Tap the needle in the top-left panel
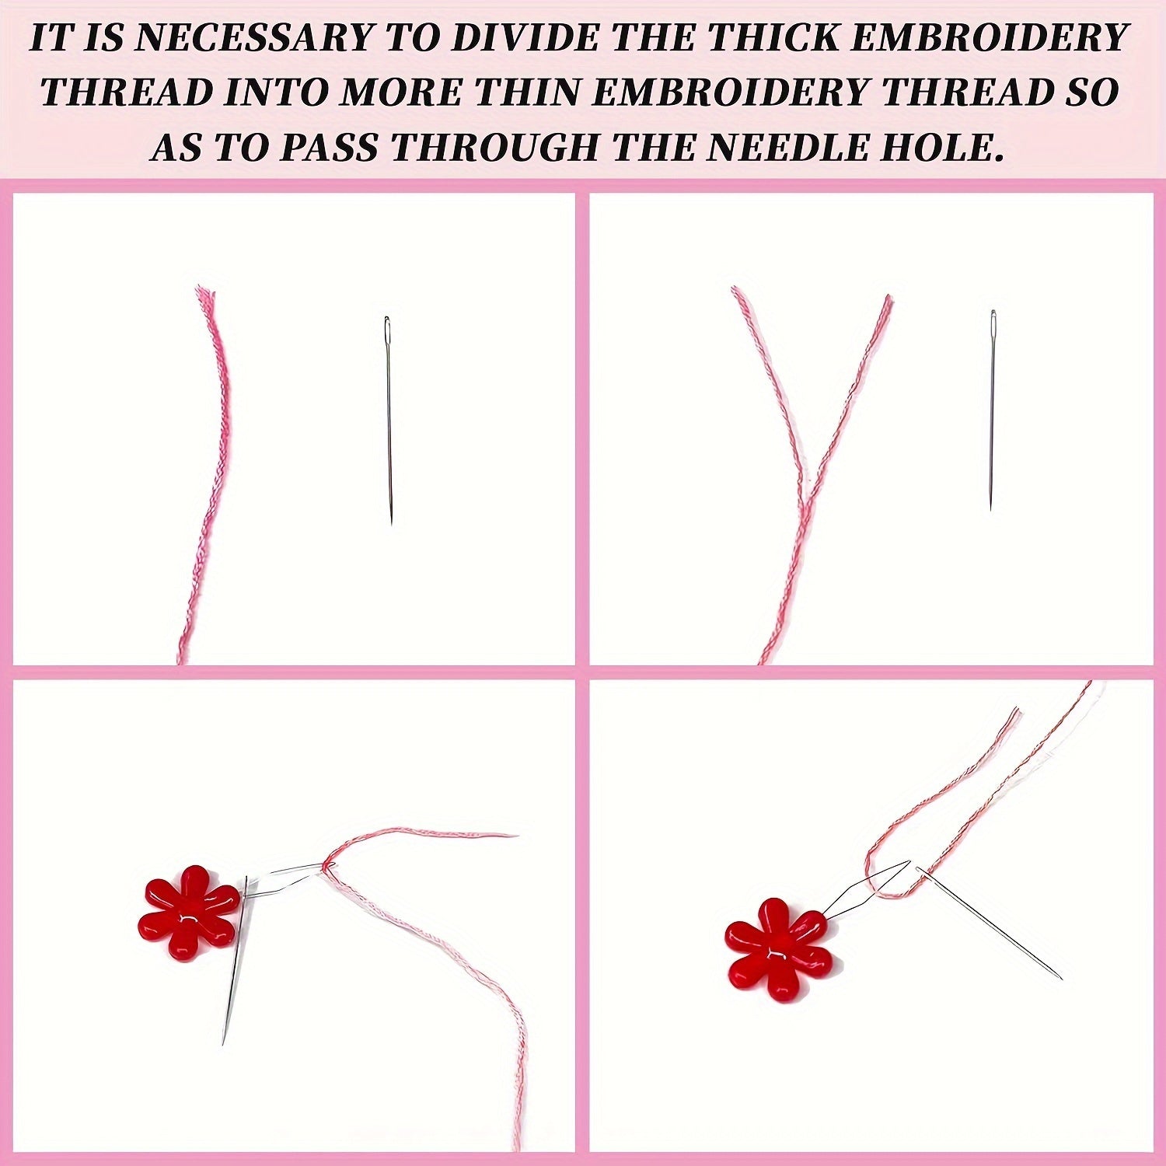[389, 420]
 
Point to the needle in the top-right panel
[992, 410]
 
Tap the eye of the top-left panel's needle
[387, 330]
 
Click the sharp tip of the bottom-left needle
[223, 1043]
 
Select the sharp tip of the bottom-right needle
[1062, 978]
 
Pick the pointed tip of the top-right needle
[990, 510]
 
